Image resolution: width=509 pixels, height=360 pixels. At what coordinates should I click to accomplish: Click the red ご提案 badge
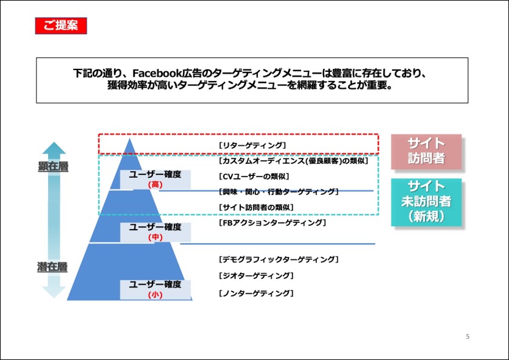[x=61, y=26]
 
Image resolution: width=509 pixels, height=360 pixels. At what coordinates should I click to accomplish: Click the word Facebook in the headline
[x=157, y=73]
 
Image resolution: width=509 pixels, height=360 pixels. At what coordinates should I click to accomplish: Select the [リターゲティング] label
[x=252, y=146]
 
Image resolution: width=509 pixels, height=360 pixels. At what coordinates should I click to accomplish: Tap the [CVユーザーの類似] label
[x=254, y=177]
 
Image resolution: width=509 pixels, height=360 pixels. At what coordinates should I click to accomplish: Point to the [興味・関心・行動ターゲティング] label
[x=279, y=192]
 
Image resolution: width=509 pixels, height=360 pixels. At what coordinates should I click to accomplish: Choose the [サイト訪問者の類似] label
[x=256, y=207]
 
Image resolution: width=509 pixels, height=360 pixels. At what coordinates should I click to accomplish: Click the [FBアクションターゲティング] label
[x=272, y=222]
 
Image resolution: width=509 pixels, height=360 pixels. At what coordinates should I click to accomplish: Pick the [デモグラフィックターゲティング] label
[x=279, y=259]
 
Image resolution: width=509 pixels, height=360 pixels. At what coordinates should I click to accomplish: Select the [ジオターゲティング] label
[x=256, y=276]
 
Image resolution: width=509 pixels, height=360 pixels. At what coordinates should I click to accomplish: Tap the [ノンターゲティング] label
[x=256, y=293]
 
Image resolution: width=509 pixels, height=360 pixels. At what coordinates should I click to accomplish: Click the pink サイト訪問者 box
[x=426, y=152]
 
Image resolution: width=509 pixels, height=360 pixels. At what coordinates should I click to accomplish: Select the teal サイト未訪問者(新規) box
[x=426, y=202]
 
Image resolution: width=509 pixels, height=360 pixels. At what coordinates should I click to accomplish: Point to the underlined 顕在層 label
[x=53, y=166]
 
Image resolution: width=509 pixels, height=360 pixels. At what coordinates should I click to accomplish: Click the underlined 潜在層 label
[x=52, y=267]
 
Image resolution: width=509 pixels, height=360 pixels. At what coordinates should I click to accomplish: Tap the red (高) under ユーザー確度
[x=155, y=185]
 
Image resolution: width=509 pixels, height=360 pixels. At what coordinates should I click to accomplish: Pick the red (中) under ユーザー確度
[x=155, y=237]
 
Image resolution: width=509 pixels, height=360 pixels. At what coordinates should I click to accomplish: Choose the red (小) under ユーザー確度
[x=155, y=295]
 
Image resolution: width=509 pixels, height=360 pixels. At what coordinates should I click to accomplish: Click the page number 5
[x=468, y=336]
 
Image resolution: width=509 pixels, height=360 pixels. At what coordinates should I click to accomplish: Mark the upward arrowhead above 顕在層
[x=54, y=148]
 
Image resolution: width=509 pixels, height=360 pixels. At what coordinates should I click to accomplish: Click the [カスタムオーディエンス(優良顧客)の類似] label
[x=293, y=161]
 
